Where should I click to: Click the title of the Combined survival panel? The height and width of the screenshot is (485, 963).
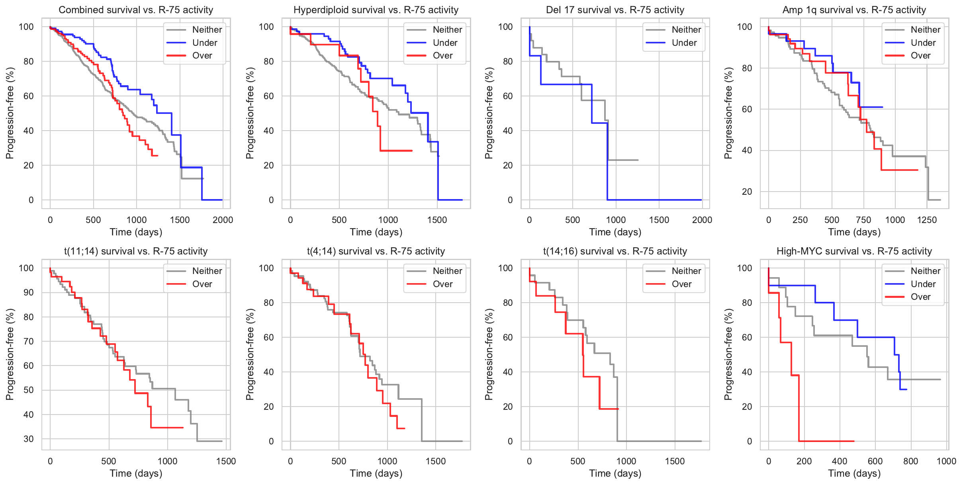tap(136, 10)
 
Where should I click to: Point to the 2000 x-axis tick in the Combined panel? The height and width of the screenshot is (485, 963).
tap(223, 220)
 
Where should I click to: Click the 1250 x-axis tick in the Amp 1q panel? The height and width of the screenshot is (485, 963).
tap(927, 220)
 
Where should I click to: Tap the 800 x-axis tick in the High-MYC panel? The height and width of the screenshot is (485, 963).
tap(910, 461)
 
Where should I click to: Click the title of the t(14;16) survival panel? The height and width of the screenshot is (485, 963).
tap(615, 251)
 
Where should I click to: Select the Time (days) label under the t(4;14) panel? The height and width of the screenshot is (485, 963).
tap(376, 473)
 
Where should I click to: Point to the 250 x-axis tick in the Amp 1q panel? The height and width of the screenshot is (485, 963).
tap(800, 220)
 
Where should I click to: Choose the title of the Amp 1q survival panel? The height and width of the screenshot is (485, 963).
tap(854, 10)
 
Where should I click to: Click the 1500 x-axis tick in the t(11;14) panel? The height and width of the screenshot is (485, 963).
tap(226, 461)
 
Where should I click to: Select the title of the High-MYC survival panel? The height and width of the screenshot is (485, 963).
tap(854, 251)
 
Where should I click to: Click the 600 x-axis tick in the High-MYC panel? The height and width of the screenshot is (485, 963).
tap(875, 461)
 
